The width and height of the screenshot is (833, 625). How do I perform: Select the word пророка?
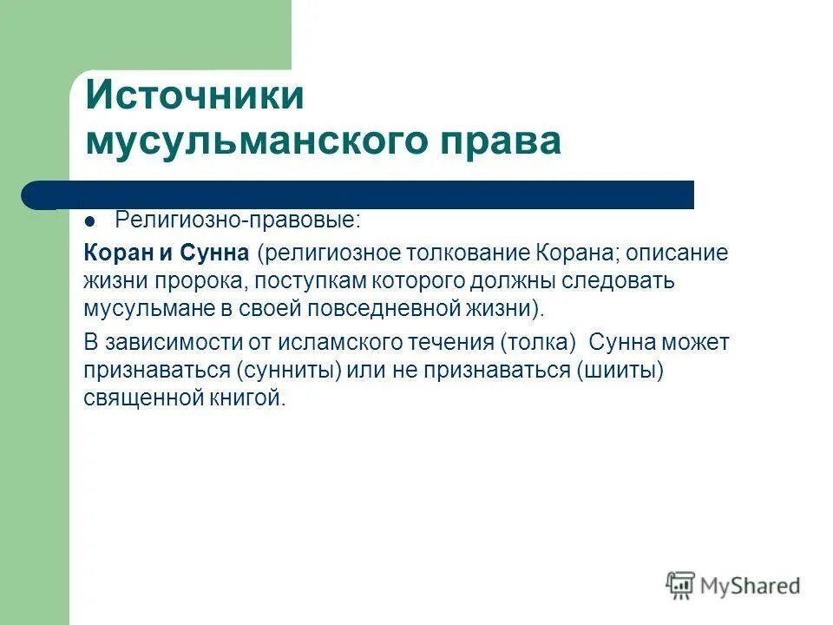pos(190,281)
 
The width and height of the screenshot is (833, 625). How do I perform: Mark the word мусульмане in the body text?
pos(150,309)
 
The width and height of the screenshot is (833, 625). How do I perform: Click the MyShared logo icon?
pos(680,586)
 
